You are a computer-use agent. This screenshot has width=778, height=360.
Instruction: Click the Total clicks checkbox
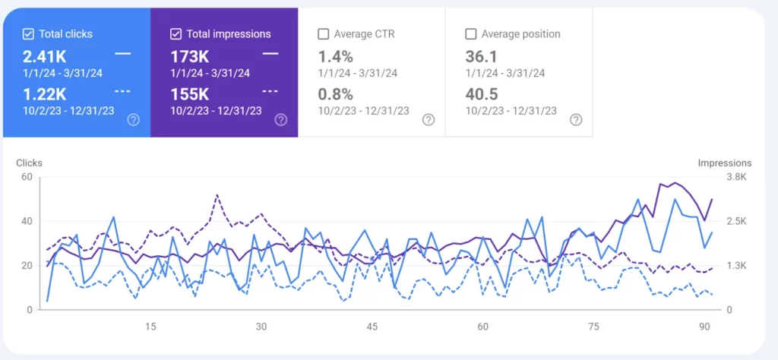(28, 33)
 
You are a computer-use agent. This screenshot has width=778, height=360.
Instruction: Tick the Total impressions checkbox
(176, 33)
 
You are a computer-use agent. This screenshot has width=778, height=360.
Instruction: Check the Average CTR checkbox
(323, 33)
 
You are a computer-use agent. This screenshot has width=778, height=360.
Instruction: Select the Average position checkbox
(470, 33)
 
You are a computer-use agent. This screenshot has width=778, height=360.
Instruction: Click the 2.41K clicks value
(44, 56)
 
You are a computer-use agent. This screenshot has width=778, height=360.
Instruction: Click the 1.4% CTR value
(335, 56)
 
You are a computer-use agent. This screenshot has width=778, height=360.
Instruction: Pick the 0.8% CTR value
(335, 93)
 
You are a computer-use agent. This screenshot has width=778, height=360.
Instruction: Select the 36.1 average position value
(481, 56)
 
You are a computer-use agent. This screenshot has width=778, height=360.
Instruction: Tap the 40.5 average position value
(482, 93)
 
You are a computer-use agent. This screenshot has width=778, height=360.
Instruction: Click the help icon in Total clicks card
(134, 119)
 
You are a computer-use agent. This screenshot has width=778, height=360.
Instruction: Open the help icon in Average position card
(576, 119)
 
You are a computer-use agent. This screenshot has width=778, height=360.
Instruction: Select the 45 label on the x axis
(372, 327)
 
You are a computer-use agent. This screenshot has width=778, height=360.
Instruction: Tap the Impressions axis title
(724, 163)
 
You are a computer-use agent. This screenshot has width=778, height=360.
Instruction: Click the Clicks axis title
(29, 163)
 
